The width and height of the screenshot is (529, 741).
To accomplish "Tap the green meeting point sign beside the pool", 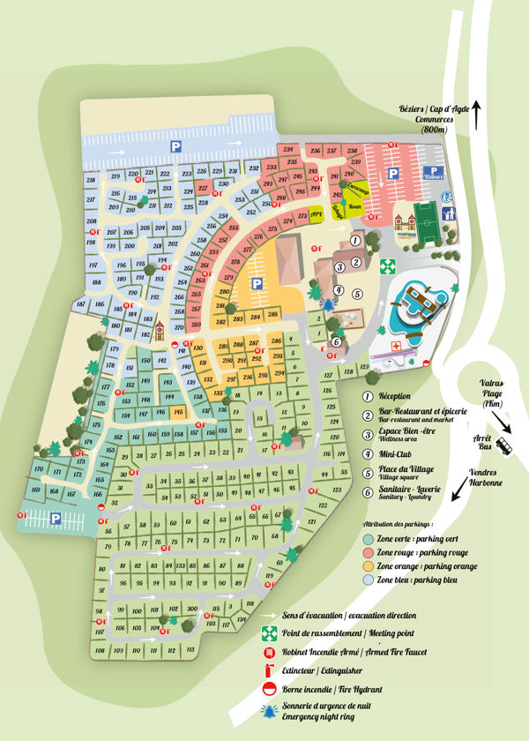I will coord(385,265).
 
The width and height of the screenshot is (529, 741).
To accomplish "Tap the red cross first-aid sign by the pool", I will coord(395,347).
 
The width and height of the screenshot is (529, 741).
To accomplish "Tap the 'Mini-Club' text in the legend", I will coord(397,453).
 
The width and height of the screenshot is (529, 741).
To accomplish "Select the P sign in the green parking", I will coord(56,519).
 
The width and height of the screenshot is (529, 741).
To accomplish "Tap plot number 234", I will coord(289,150).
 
